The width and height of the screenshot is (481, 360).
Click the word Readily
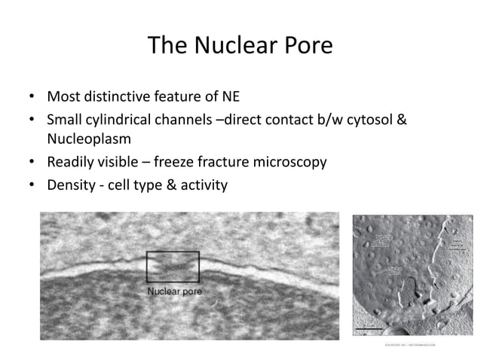click(x=72, y=161)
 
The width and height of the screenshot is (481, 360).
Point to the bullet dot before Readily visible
click(x=31, y=162)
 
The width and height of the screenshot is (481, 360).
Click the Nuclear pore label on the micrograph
click(x=173, y=291)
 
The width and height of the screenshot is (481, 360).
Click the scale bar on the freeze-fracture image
click(x=372, y=329)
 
